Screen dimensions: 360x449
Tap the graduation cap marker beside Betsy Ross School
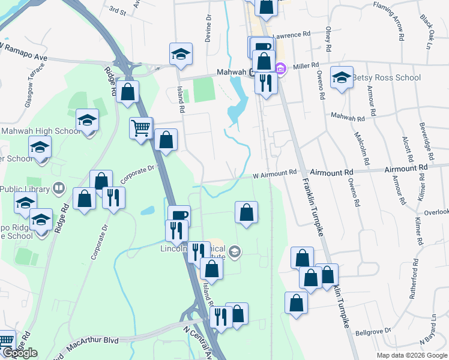pyautogui.click(x=342, y=77)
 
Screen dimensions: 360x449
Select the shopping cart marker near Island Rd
pyautogui.click(x=140, y=127)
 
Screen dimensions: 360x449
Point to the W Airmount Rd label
pyautogui.click(x=275, y=173)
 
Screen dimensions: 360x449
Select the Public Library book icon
pyautogui.click(x=58, y=188)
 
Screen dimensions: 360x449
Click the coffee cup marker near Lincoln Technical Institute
pyautogui.click(x=178, y=215)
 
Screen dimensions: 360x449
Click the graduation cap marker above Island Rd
pyautogui.click(x=180, y=53)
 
